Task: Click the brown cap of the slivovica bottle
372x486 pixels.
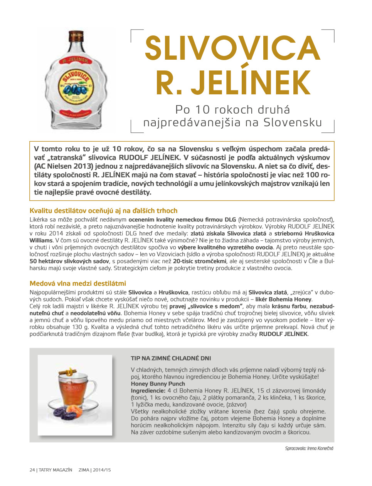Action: point(76,37)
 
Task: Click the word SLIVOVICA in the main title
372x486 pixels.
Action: point(232,49)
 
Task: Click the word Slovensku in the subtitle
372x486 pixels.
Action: point(293,122)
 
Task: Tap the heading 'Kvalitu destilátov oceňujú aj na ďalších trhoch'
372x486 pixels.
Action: point(103,211)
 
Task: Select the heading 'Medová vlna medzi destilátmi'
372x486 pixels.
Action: point(78,283)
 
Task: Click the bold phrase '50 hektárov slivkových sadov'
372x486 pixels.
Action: point(69,261)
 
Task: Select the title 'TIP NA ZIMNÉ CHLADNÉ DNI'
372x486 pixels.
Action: point(171,358)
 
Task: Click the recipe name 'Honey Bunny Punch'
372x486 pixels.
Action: point(158,384)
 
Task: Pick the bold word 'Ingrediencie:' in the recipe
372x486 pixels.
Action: point(148,391)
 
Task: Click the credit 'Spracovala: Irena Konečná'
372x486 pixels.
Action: point(309,448)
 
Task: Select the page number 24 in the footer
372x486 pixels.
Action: point(32,470)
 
